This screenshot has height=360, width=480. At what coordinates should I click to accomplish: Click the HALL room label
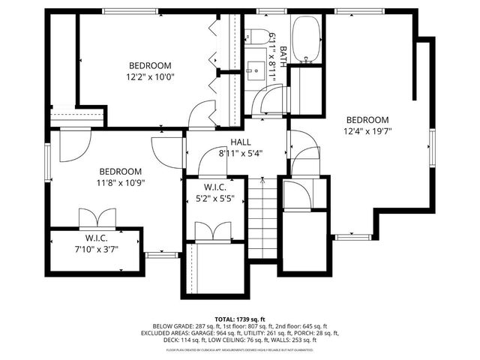point(241,142)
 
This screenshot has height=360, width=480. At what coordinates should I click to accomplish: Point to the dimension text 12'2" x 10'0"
point(149,76)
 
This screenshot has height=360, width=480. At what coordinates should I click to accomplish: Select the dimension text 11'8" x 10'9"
point(120,181)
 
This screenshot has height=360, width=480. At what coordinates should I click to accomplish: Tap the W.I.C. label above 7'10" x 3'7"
point(97,238)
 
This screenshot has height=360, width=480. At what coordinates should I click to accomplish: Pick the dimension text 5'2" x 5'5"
point(215,199)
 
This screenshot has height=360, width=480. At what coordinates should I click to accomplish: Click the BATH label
point(283,55)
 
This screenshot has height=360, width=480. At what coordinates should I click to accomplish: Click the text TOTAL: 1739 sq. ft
point(240,319)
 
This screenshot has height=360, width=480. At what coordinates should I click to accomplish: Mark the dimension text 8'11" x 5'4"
point(241,153)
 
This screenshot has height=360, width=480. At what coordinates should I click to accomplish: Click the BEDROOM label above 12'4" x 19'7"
point(367,120)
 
